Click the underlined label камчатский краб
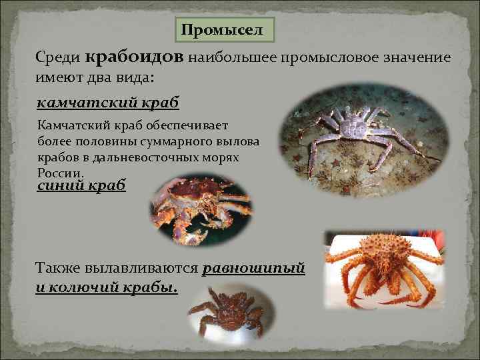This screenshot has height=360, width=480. (x=107, y=103)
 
